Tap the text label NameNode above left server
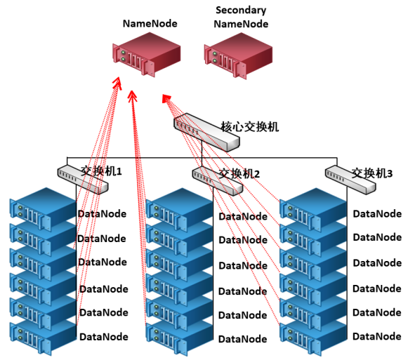tap(150, 23)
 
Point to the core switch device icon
tap(206, 132)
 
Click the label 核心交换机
tap(250, 127)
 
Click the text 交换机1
tap(101, 171)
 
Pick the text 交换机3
tap(372, 173)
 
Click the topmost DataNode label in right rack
tap(377, 214)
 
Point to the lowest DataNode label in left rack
tap(104, 337)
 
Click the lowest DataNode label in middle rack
tap(242, 339)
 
